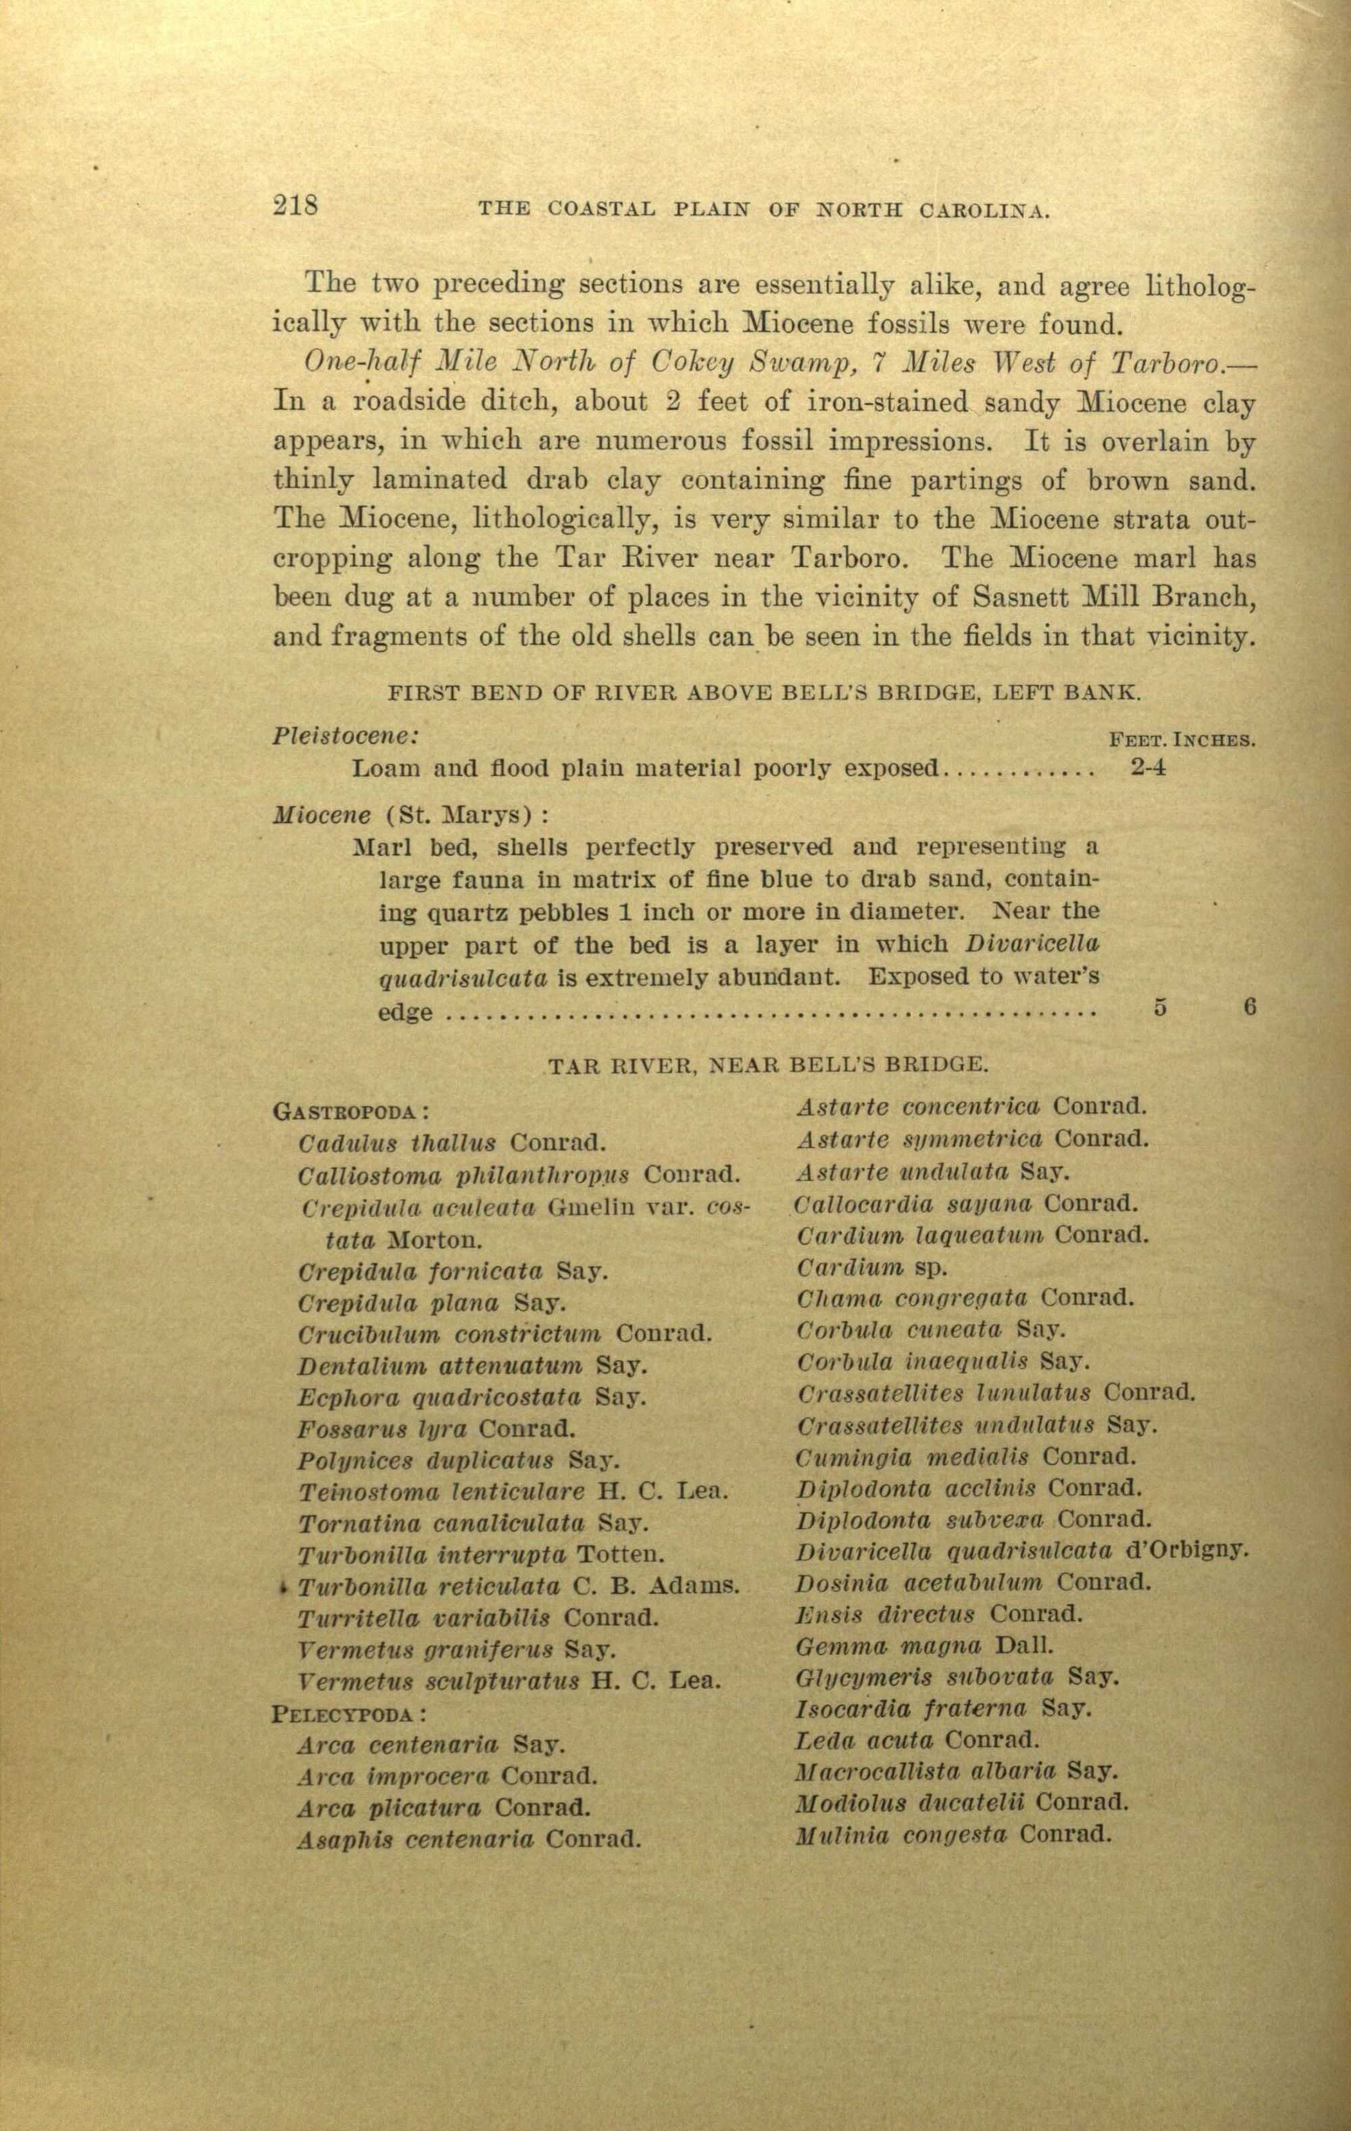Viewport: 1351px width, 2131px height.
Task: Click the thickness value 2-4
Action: coord(1148,768)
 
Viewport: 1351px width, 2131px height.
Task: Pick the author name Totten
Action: coord(620,1553)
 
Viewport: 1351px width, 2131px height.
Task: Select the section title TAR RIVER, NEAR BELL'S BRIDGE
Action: coord(765,1065)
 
